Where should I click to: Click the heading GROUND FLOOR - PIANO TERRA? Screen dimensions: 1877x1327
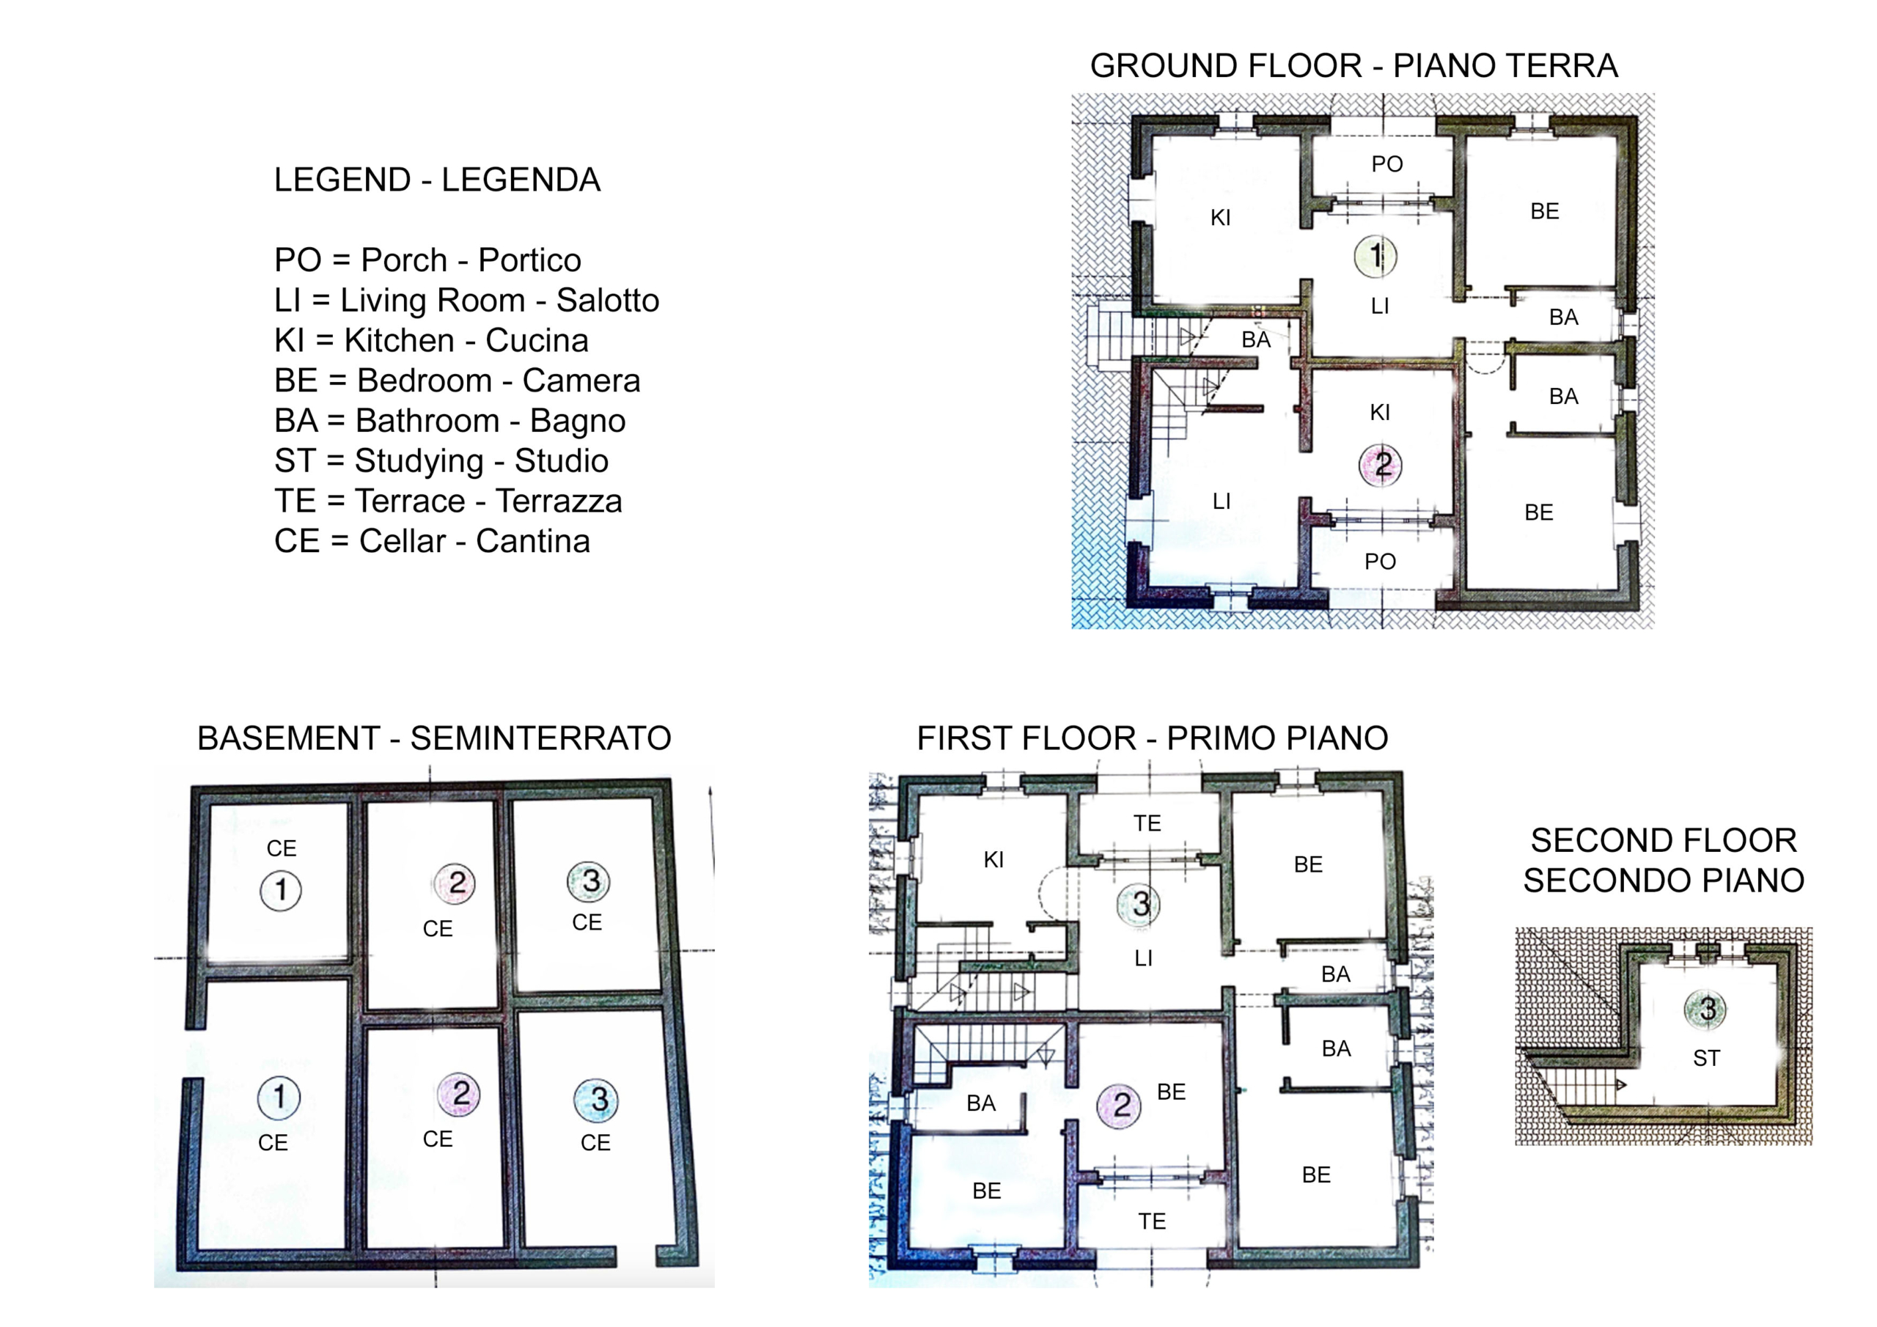(1353, 65)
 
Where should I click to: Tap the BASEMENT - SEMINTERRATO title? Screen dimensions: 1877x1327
(434, 738)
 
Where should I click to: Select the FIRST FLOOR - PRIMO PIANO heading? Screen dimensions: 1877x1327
(1153, 738)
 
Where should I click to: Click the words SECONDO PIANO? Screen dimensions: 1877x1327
(1664, 881)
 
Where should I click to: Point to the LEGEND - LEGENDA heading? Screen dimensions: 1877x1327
(438, 180)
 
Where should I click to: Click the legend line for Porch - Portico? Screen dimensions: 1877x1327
(427, 260)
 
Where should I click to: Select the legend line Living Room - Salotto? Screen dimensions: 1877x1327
(467, 300)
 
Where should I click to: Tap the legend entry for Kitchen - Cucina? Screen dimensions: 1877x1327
(432, 340)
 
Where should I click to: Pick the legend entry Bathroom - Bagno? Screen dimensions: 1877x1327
(449, 420)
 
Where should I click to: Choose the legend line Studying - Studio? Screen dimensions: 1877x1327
(441, 460)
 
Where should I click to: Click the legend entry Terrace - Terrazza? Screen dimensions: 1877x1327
(448, 501)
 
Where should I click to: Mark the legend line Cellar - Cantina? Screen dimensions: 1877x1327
(432, 540)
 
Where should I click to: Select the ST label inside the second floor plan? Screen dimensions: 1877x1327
(1706, 1059)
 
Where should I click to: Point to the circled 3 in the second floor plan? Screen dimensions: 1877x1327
(1707, 1010)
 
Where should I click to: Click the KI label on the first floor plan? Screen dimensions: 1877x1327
(993, 860)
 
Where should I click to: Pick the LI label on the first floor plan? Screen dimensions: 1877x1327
(1144, 958)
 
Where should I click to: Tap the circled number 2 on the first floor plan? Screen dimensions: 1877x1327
(1119, 1106)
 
